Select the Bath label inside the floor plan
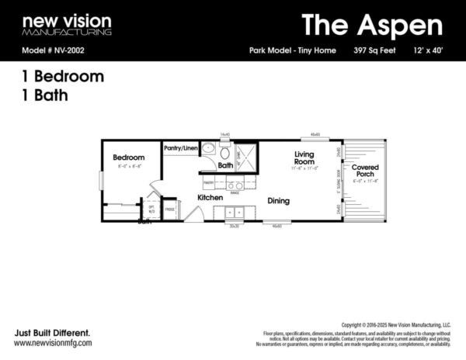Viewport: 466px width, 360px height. click(x=225, y=165)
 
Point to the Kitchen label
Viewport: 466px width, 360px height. click(x=210, y=198)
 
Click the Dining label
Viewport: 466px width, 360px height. click(x=278, y=201)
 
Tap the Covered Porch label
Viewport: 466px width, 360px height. click(x=364, y=171)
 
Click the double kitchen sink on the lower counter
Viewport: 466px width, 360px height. click(x=235, y=213)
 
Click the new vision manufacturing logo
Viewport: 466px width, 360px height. click(x=66, y=25)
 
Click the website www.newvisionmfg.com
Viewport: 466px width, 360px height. click(x=53, y=342)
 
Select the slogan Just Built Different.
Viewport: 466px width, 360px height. click(x=46, y=331)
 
